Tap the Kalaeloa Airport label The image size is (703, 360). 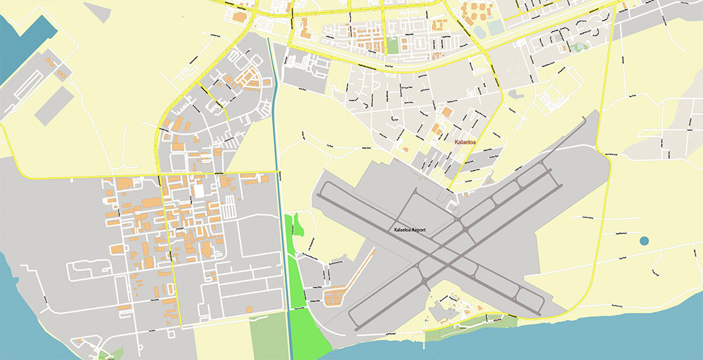pos(411,231)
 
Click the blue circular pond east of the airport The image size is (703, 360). pos(645,241)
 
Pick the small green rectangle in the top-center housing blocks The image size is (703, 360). pos(392,45)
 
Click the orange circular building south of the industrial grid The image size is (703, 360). pos(248,309)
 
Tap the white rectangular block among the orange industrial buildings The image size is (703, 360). pos(199,190)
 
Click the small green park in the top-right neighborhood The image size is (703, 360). pos(579,47)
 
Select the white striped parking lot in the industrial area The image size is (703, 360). pos(230,207)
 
